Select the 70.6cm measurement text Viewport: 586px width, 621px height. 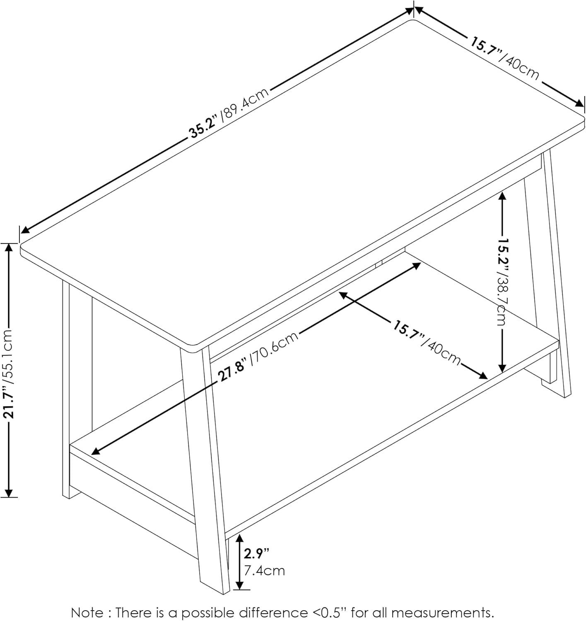[275, 346]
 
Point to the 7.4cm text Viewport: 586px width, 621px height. [264, 570]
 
